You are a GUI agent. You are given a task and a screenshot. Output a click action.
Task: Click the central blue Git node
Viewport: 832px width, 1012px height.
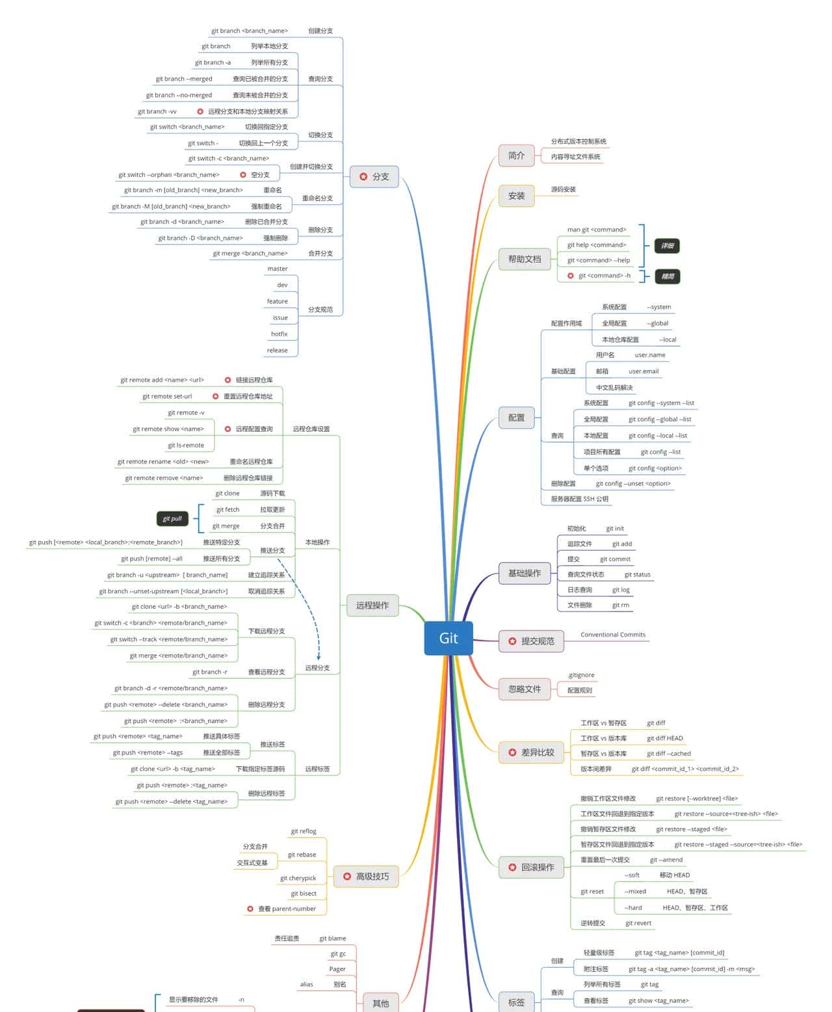point(448,638)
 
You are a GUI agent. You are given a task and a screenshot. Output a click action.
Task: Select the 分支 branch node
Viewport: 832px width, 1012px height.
point(374,176)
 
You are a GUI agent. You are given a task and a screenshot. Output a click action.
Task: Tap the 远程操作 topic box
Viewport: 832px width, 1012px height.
point(372,605)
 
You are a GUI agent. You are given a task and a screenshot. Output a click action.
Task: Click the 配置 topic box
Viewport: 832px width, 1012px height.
point(516,418)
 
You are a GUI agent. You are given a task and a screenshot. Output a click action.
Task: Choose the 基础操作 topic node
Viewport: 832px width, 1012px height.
point(524,573)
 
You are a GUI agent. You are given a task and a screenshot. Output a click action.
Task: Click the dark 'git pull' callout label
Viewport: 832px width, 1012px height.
point(172,518)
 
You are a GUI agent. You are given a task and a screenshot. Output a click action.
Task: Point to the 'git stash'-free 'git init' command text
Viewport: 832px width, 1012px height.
point(614,528)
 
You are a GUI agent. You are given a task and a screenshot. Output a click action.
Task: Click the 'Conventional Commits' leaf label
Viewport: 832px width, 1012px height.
point(612,634)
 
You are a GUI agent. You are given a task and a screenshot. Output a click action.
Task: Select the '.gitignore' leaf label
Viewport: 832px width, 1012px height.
point(580,674)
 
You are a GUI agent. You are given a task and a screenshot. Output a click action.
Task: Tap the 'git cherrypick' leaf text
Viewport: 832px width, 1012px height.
point(298,878)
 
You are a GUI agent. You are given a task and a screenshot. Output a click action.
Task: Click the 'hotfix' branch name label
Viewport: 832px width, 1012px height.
point(279,334)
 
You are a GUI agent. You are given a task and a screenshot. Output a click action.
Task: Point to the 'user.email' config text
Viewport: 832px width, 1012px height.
point(643,371)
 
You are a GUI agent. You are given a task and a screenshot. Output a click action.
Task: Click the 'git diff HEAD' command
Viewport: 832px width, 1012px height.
point(664,738)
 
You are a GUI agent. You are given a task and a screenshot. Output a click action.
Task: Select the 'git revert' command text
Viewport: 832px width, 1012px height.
point(638,923)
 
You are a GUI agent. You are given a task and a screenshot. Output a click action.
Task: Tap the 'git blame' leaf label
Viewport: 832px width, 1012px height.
point(332,938)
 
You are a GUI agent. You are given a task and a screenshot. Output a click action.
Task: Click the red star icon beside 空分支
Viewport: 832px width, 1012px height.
point(243,174)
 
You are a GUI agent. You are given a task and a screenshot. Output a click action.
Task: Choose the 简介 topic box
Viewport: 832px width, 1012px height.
point(516,155)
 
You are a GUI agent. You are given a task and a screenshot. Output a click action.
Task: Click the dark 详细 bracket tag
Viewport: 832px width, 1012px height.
point(667,245)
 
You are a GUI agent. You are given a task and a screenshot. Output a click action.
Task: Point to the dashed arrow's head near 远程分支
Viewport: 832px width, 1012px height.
point(318,658)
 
